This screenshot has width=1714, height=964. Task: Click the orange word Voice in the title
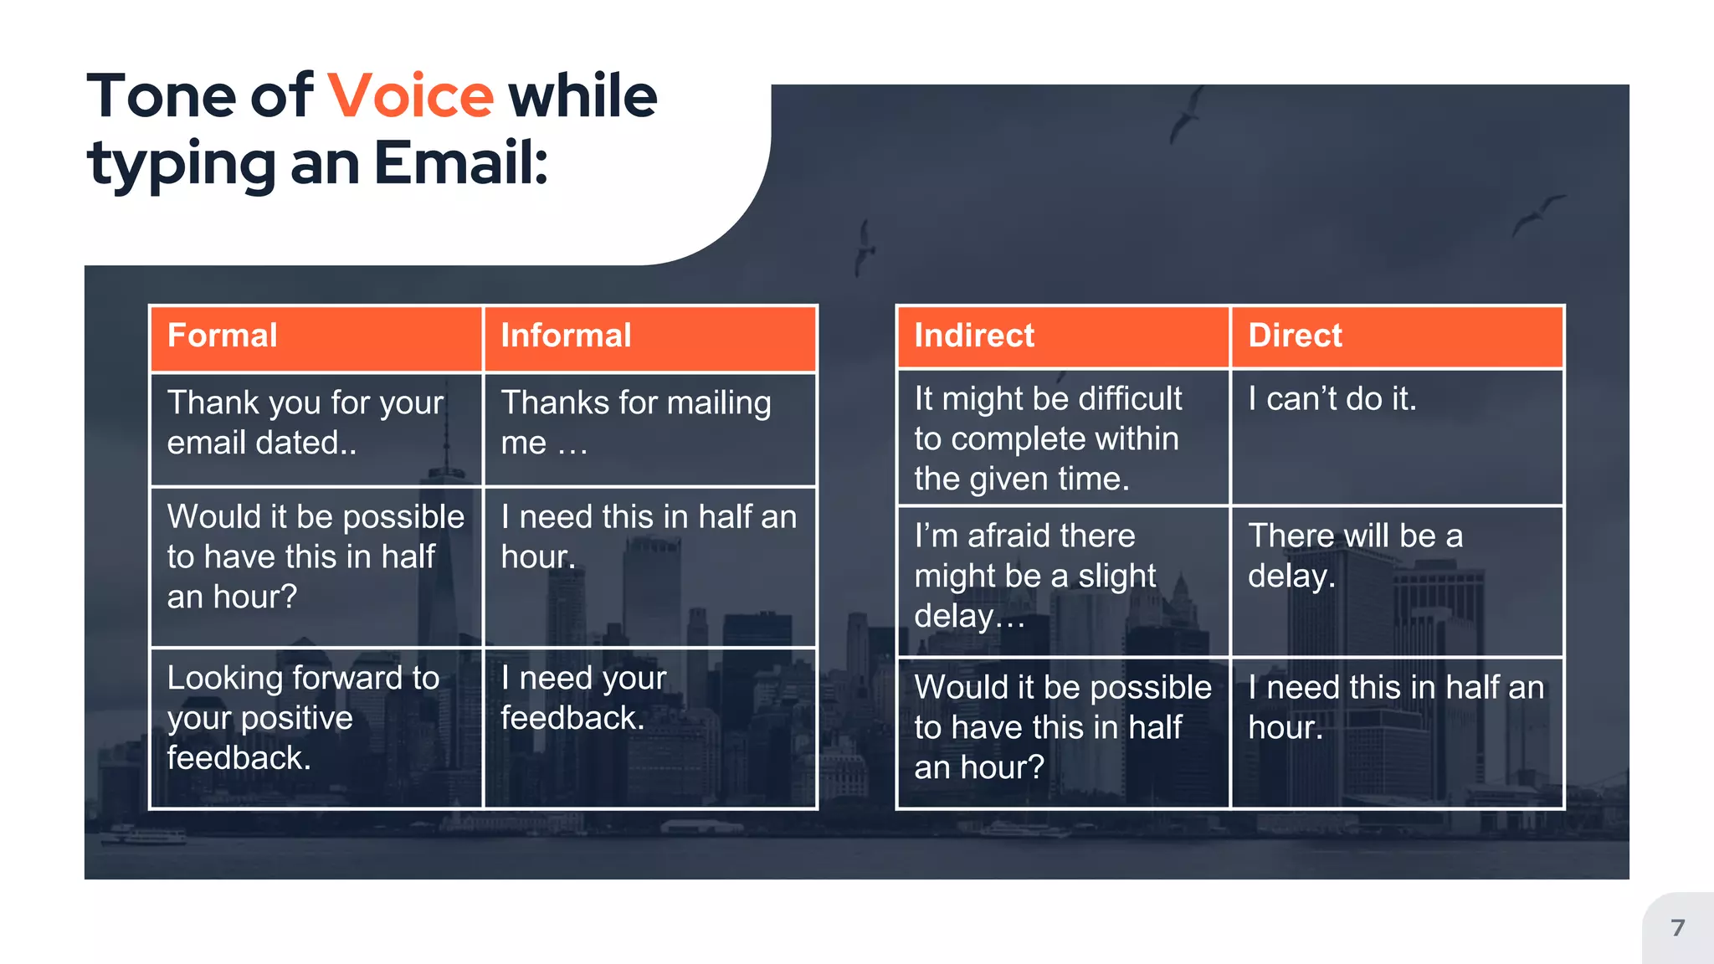(410, 96)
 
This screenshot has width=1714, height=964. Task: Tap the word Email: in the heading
(460, 162)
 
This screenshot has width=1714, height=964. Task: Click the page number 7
(1677, 928)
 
